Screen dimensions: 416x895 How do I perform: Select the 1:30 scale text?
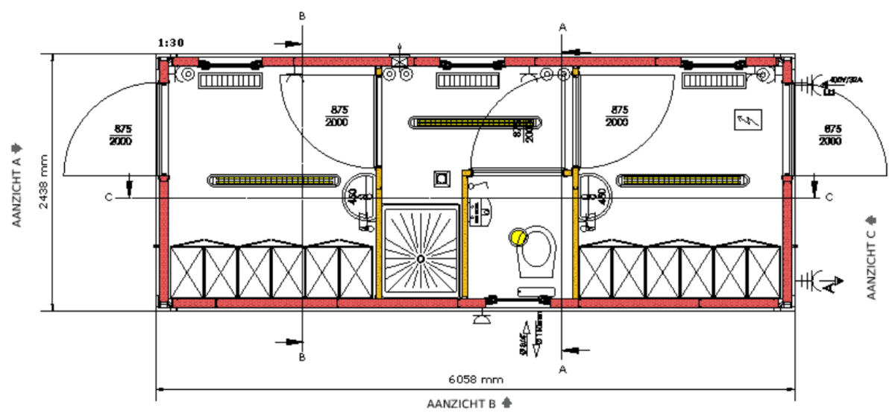(x=171, y=42)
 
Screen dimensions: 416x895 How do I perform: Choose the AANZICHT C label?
(x=870, y=258)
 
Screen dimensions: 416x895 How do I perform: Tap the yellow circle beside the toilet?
(x=518, y=238)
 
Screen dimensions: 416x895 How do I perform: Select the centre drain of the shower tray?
(x=421, y=258)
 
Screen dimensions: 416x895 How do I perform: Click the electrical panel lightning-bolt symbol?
(x=747, y=120)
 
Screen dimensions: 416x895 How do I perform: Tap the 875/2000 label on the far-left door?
(x=119, y=135)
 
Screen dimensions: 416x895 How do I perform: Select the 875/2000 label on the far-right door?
(x=829, y=135)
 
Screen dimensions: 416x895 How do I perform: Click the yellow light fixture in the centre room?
(x=475, y=122)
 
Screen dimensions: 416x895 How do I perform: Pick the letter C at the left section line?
(x=109, y=197)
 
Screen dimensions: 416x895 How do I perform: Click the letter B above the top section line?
(x=301, y=15)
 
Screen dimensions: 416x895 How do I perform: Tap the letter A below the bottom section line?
(x=562, y=368)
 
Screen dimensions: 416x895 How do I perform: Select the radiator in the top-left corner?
(x=230, y=80)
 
